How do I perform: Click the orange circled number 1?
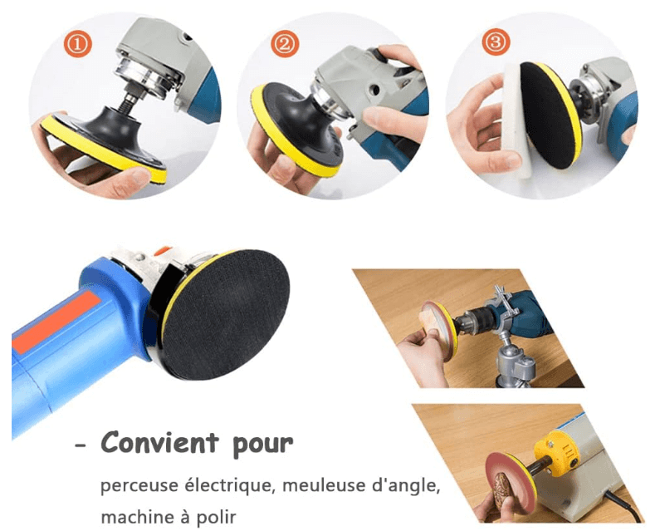[x=78, y=43]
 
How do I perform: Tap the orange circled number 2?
[x=285, y=43]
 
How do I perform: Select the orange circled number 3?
[x=496, y=42]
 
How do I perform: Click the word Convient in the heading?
[x=160, y=442]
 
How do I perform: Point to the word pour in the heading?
[x=263, y=445]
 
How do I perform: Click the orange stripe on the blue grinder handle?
[x=54, y=322]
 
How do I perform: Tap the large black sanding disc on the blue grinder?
[x=226, y=314]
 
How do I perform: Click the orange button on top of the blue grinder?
[x=162, y=251]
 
